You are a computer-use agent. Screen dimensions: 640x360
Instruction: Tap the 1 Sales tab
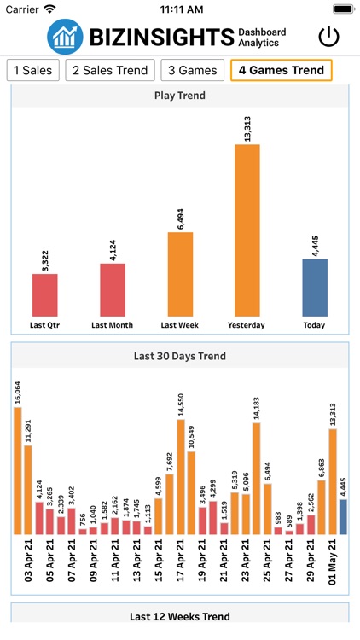point(32,70)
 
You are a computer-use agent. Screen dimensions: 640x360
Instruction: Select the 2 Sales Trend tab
point(111,70)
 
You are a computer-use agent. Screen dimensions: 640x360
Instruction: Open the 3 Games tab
point(194,70)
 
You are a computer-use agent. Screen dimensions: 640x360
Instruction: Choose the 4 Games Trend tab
point(282,70)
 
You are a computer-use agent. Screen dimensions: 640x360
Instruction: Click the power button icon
point(328,37)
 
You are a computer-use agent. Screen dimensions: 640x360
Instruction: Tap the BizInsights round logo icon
point(66,37)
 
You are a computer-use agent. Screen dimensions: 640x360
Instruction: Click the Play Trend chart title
point(179,96)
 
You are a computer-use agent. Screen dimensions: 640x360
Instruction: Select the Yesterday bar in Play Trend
point(247,230)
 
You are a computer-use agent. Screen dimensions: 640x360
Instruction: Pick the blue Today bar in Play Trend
point(315,288)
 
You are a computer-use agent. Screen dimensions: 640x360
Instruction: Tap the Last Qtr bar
point(44,295)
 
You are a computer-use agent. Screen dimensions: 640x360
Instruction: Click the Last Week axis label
point(179,325)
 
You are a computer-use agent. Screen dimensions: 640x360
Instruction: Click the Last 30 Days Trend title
point(179,356)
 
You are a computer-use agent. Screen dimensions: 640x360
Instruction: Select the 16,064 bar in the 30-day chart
point(18,469)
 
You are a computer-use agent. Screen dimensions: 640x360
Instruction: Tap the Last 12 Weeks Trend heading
point(179,616)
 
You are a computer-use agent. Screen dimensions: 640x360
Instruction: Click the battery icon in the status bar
point(343,9)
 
